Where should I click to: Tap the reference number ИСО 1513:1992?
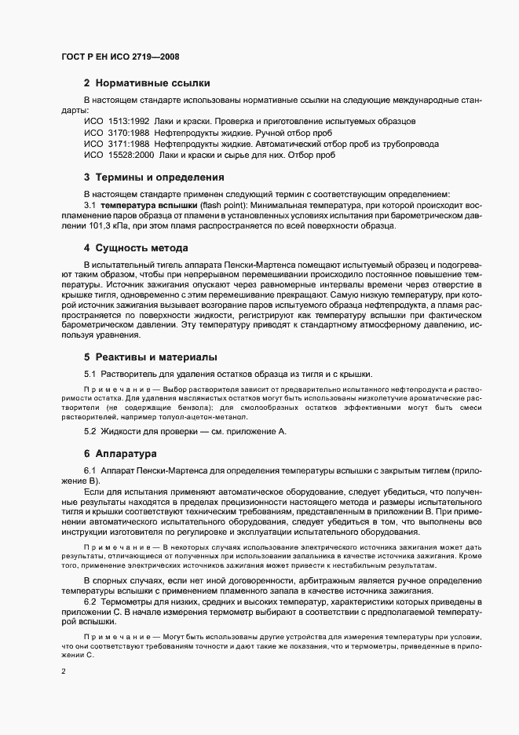tap(116, 122)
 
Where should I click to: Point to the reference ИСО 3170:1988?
tap(116, 133)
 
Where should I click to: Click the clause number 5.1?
tap(90, 374)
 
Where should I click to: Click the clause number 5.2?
tap(90, 433)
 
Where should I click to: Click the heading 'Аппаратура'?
tap(126, 455)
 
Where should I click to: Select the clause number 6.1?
tap(90, 470)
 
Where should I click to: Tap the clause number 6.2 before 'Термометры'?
tap(90, 601)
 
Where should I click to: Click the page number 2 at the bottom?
tap(64, 671)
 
